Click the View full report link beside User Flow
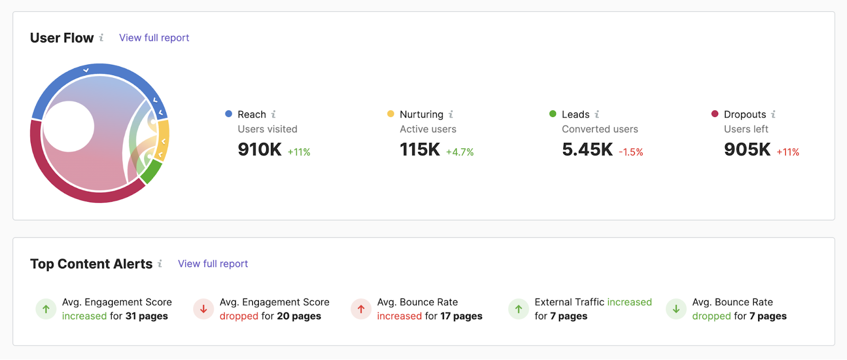pyautogui.click(x=154, y=38)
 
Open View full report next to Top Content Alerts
pyautogui.click(x=213, y=264)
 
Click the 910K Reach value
pyautogui.click(x=259, y=150)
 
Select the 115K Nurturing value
pyautogui.click(x=420, y=150)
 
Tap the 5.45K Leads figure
pyautogui.click(x=587, y=150)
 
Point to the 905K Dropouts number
pyautogui.click(x=747, y=150)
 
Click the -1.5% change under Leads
pyautogui.click(x=631, y=152)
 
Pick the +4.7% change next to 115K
pyautogui.click(x=459, y=152)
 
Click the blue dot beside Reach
pyautogui.click(x=229, y=114)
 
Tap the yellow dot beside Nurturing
pyautogui.click(x=391, y=114)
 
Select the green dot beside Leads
pyautogui.click(x=553, y=114)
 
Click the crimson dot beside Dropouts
pyautogui.click(x=715, y=114)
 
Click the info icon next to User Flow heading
pyautogui.click(x=101, y=38)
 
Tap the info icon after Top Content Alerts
pyautogui.click(x=160, y=264)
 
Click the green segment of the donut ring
pyautogui.click(x=152, y=172)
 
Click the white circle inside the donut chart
pyautogui.click(x=69, y=127)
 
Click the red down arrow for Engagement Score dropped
pyautogui.click(x=203, y=309)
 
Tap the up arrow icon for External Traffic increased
pyautogui.click(x=518, y=309)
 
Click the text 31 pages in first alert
pyautogui.click(x=147, y=316)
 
